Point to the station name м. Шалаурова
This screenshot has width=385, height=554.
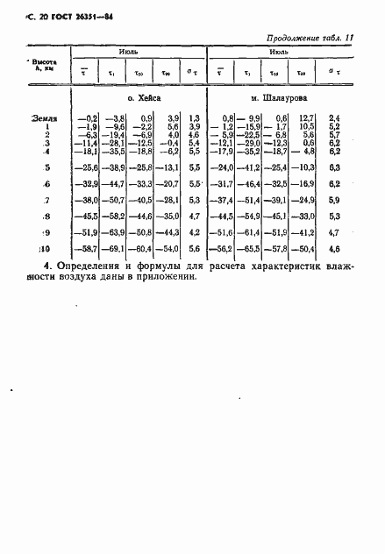pos(277,101)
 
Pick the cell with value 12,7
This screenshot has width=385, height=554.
pos(303,117)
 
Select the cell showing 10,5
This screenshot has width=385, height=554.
pos(303,125)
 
